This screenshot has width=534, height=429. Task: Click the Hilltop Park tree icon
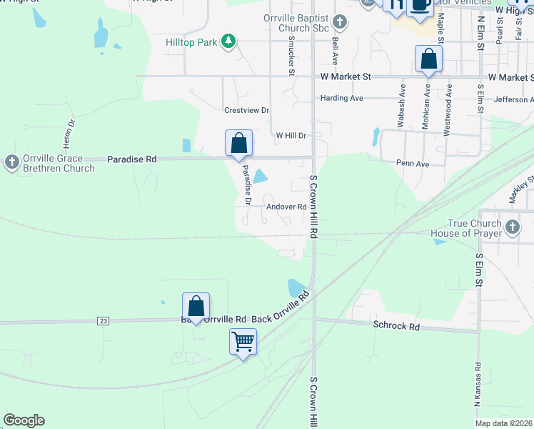[228, 42]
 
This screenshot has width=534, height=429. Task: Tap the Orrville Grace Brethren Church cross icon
[11, 162]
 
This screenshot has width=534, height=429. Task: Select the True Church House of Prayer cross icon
[512, 228]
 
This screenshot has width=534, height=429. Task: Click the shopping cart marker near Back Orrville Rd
[243, 341]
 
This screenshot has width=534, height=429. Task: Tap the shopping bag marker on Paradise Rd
[238, 142]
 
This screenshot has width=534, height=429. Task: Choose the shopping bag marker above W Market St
[428, 59]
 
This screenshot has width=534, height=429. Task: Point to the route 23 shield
[104, 322]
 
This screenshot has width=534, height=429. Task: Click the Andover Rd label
[286, 207]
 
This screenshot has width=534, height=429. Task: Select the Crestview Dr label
[246, 110]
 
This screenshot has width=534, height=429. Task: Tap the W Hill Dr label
[291, 135]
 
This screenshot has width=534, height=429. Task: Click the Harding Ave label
[342, 98]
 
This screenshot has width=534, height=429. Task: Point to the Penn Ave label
[413, 164]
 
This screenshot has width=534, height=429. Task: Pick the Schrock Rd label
[396, 325]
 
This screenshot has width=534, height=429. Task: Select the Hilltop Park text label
[191, 43]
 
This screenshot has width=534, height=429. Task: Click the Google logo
[24, 420]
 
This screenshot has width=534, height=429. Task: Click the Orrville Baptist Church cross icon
[340, 21]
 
